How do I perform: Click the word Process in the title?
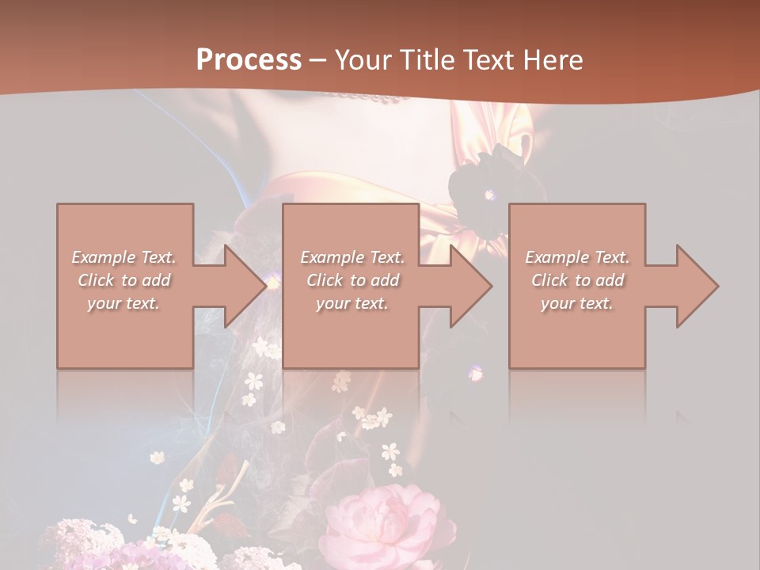click(249, 60)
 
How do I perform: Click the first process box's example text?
click(124, 280)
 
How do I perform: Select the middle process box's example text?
click(352, 280)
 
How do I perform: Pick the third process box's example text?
click(577, 280)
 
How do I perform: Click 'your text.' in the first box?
click(124, 303)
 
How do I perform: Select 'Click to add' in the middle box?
click(352, 280)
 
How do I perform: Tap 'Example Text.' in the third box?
click(577, 257)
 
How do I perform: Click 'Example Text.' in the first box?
click(124, 257)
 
